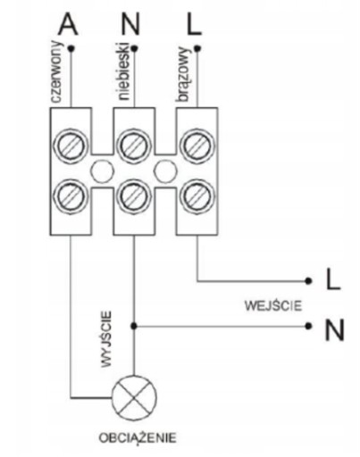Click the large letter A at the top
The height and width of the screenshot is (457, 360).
tap(68, 24)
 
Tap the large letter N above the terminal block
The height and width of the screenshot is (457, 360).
tap(130, 24)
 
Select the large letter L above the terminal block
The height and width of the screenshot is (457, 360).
tap(194, 24)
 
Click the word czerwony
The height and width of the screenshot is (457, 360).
tap(56, 71)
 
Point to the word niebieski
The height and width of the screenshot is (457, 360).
tap(124, 71)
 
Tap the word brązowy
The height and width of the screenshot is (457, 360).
tap(183, 74)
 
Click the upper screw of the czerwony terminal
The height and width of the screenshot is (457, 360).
tap(71, 145)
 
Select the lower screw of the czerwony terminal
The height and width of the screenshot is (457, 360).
tap(71, 195)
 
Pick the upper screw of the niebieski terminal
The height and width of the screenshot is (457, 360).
tap(134, 145)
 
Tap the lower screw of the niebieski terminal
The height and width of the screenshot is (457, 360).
tap(134, 195)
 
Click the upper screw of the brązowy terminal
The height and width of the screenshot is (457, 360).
tap(197, 145)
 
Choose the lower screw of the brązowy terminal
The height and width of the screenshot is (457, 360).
tap(197, 195)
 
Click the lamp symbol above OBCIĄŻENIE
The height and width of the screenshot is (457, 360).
tap(134, 398)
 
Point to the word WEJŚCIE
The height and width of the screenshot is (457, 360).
tap(273, 305)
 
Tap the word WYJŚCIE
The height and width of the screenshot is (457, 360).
tap(106, 339)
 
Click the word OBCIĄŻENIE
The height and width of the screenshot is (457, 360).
tap(138, 438)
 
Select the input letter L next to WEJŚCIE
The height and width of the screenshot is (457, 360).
tap(333, 279)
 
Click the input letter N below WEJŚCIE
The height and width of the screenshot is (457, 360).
tap(334, 330)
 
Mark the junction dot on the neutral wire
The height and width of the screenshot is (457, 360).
tap(134, 326)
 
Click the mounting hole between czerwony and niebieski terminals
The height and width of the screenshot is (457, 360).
tap(102, 170)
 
